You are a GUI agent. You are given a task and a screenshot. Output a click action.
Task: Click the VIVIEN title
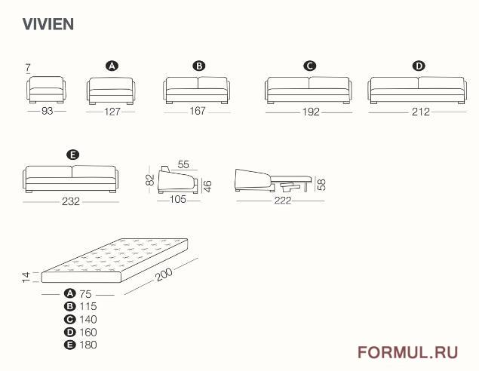coord(48,24)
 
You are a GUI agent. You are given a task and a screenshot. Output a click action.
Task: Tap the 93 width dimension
coord(47,111)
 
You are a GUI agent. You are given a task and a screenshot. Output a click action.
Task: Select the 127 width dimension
coord(112,112)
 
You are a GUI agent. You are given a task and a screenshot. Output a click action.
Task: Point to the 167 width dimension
coord(198,111)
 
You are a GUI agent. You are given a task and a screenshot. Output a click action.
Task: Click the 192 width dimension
coord(311,112)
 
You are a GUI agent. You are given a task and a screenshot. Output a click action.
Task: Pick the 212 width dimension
coord(421,112)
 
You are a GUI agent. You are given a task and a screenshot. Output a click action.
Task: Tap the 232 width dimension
coord(71,201)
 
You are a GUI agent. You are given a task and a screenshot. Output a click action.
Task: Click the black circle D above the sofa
coord(419,66)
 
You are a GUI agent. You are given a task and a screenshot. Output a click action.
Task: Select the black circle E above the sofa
coord(72,155)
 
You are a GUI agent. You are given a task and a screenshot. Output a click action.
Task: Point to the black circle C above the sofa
coord(310,66)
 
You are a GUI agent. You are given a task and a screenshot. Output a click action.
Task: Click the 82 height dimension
coord(150,179)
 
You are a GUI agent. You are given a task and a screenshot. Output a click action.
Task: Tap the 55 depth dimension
coord(183,164)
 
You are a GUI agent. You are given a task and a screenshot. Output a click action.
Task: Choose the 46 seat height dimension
coord(207,186)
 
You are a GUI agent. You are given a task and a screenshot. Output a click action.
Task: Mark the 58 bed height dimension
coord(321,185)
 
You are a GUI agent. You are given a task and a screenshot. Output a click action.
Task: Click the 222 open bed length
coord(283,201)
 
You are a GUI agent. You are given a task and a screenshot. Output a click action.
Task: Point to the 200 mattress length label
coord(164,274)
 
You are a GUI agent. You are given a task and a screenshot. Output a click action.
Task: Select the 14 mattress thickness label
coord(26,277)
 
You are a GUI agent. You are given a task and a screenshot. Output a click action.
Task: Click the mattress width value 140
coord(88,320)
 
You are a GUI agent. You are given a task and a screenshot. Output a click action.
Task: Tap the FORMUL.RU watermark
coord(408,352)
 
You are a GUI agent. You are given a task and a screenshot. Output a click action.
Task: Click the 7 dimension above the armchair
coord(28,67)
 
